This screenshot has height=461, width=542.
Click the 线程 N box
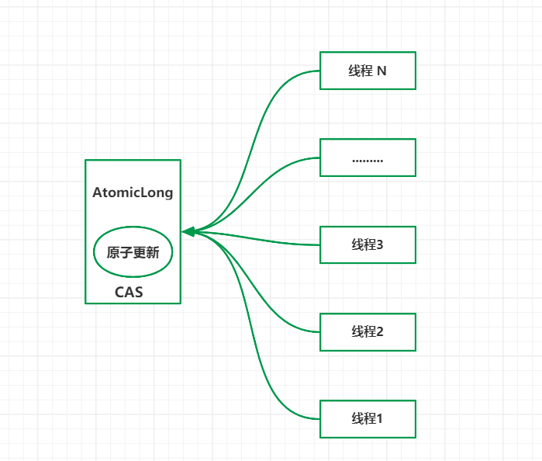click(x=368, y=71)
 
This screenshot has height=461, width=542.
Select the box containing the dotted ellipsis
click(x=368, y=158)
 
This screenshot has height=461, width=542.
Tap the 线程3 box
click(x=368, y=244)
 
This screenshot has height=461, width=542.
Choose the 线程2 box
click(x=368, y=331)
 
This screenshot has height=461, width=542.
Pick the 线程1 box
click(x=368, y=418)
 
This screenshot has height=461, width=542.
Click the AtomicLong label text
click(x=133, y=192)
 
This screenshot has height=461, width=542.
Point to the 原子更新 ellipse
click(x=133, y=252)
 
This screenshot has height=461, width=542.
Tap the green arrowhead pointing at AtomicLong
click(x=187, y=231)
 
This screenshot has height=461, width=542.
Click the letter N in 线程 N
click(x=381, y=71)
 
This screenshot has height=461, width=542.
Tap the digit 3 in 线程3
click(x=380, y=245)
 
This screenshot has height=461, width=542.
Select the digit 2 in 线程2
click(x=380, y=332)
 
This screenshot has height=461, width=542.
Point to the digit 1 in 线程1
click(x=380, y=419)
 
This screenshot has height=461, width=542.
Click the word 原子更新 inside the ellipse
click(x=133, y=252)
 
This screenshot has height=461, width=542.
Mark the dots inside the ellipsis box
click(x=368, y=161)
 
